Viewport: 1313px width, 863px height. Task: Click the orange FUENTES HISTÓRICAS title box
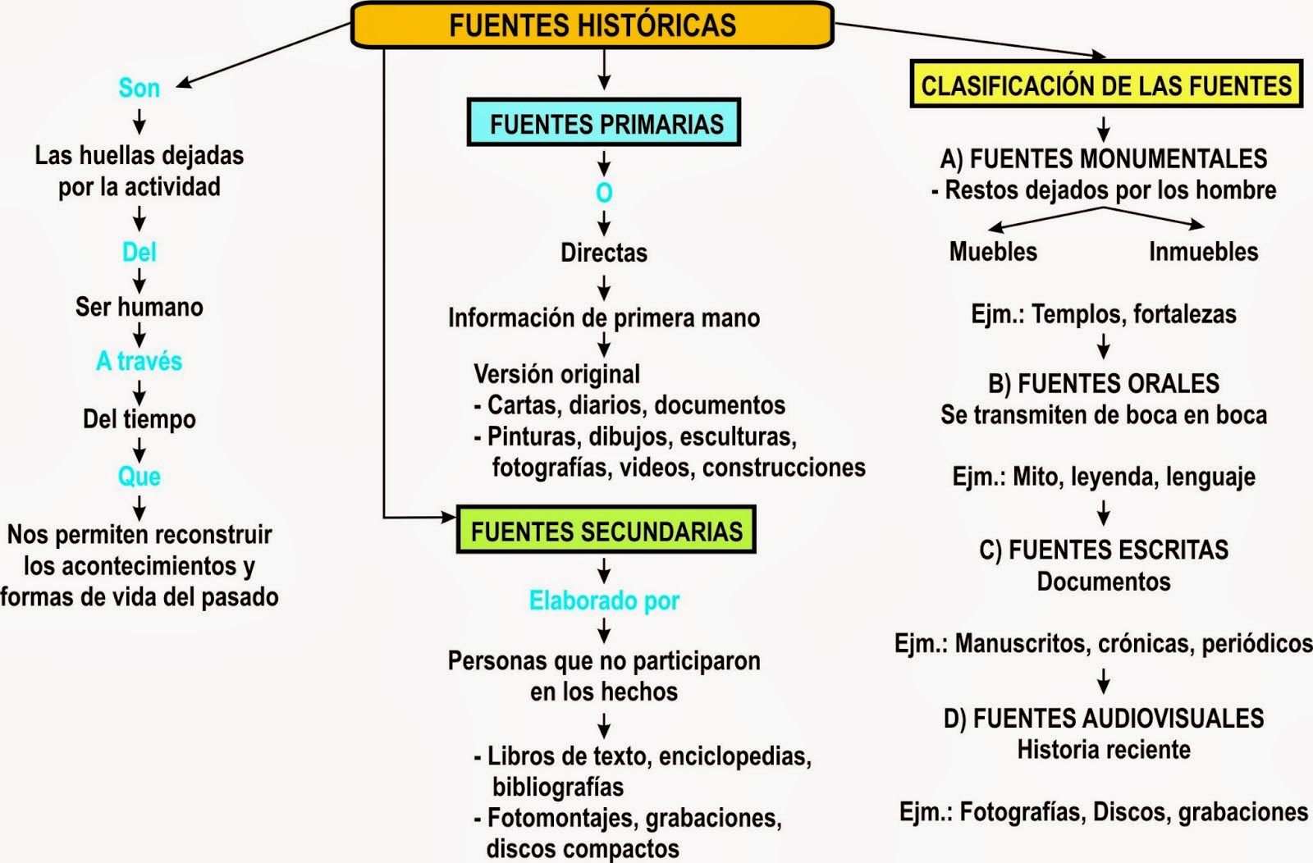coord(592,25)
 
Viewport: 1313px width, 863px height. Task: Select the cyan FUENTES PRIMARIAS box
coord(605,123)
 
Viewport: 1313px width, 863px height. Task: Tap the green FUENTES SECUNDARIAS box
coord(606,531)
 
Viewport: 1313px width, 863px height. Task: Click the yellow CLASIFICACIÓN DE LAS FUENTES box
coord(1105,85)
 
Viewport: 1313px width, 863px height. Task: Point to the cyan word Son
coord(140,88)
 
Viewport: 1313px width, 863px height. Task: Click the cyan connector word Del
coord(140,252)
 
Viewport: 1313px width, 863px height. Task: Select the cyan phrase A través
coord(140,361)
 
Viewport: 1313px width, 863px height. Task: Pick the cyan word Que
coord(140,476)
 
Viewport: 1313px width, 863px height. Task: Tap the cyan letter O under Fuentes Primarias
coord(604,193)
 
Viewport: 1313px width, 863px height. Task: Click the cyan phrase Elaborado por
coord(604,600)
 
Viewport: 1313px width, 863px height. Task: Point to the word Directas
coord(604,253)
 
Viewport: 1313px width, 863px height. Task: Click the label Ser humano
coord(140,307)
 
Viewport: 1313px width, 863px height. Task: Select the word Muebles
coord(993,252)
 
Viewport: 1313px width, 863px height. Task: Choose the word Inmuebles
coord(1203,252)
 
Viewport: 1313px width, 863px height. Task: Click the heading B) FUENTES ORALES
coord(1104,384)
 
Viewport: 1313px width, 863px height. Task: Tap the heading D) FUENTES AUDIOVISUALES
coord(1104,719)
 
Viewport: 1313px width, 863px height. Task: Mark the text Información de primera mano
coord(604,317)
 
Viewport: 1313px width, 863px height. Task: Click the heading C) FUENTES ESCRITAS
coord(1104,550)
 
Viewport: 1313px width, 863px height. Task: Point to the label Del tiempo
coord(140,419)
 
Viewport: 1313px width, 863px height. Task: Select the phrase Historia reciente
coord(1104,750)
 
